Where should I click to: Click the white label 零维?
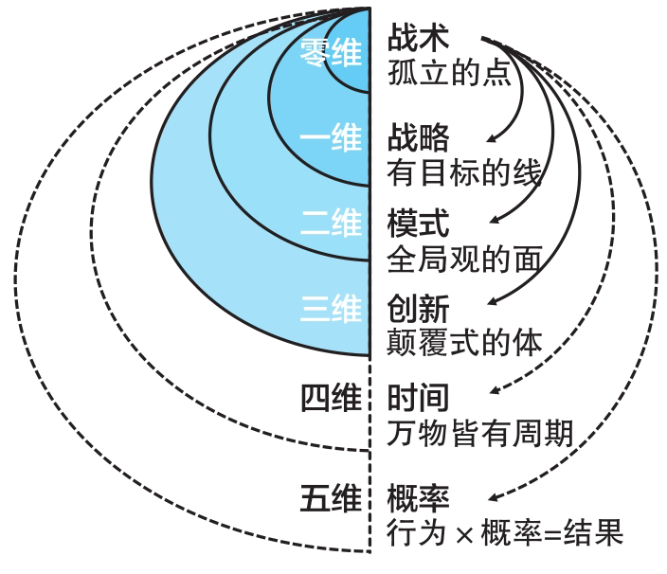point(331,53)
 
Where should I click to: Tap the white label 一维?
point(331,137)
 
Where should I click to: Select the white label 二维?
point(331,223)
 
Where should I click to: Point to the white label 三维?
point(331,308)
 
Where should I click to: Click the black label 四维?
point(331,398)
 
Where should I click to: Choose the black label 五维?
point(331,498)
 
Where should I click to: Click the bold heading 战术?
point(418,38)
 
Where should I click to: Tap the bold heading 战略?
point(418,137)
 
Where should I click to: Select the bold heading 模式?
point(418,223)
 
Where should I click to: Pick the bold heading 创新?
point(418,308)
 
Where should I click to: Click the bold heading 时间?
point(418,398)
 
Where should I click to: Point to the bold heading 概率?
point(418,498)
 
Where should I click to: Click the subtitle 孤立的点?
point(449,73)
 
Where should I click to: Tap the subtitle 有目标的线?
point(464,172)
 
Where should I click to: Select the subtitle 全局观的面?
point(464,259)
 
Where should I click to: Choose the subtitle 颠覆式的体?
point(464,343)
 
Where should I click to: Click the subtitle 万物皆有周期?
point(480,433)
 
